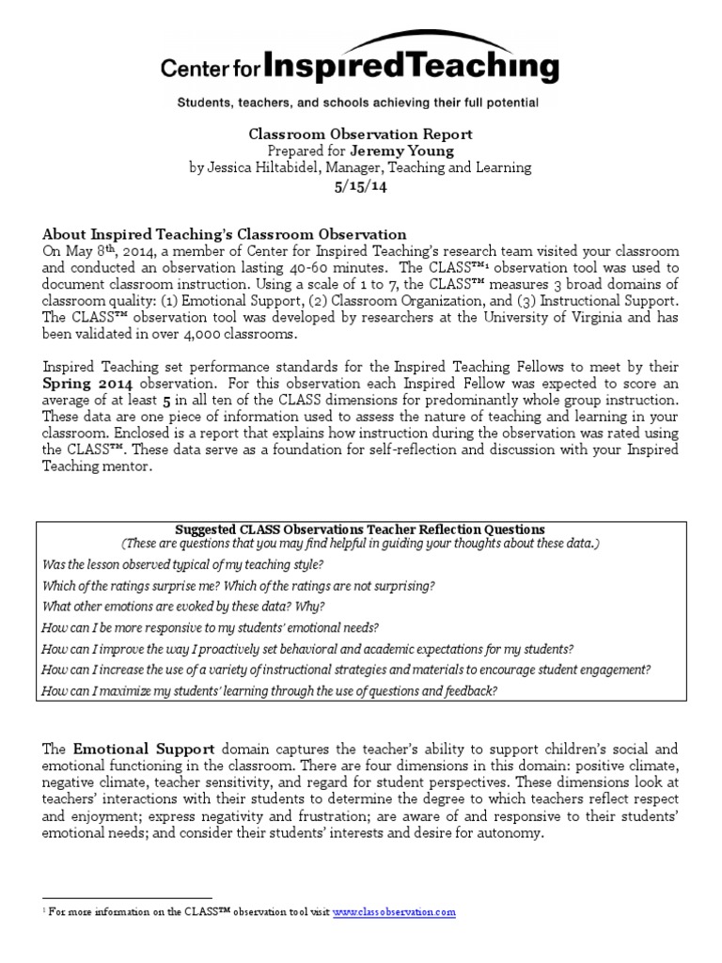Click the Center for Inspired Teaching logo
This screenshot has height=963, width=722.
pos(360,63)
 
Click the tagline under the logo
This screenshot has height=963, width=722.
pos(360,102)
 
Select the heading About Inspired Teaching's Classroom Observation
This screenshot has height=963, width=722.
pos(225,234)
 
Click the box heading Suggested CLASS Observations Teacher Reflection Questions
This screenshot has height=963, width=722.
pos(360,529)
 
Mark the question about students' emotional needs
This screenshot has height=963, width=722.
pos(211,627)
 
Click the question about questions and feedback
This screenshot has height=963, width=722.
pos(270,690)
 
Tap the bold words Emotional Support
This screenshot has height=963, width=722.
pos(145,750)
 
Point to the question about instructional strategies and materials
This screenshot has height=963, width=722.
pos(346,670)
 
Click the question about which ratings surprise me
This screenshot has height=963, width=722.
pos(239,585)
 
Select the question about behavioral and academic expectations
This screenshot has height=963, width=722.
pos(307,649)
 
